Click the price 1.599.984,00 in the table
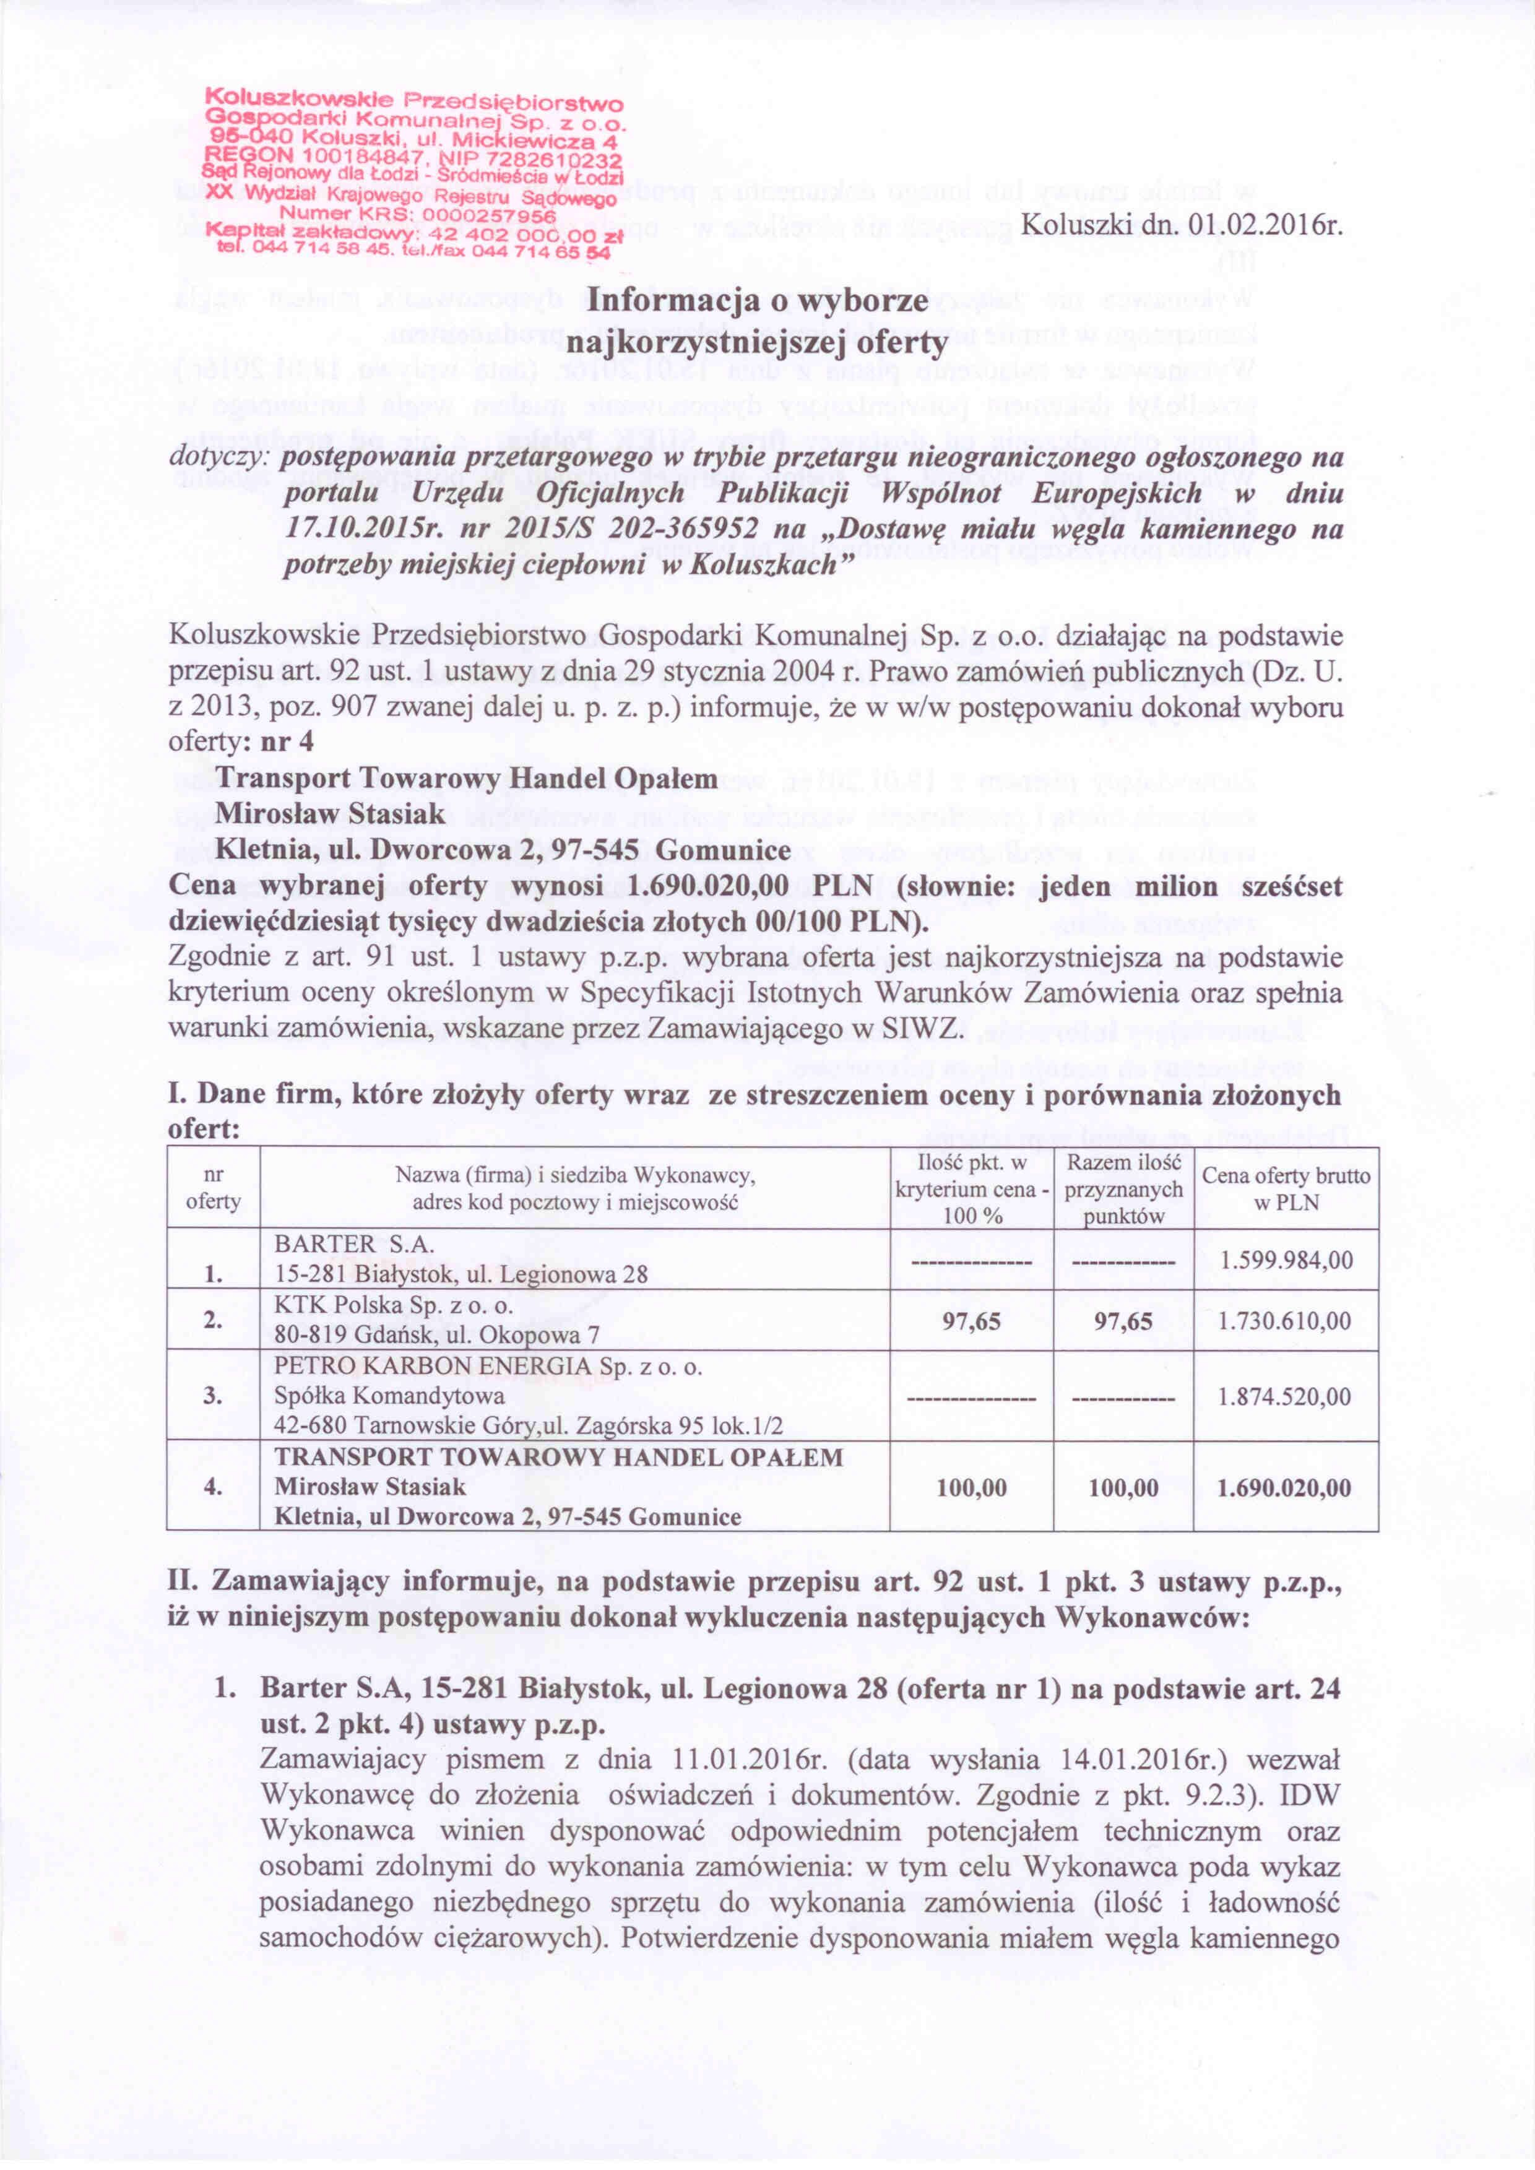pyautogui.click(x=1286, y=1260)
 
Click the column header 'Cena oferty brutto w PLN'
pyautogui.click(x=1286, y=1189)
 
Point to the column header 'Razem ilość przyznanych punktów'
pyautogui.click(x=1123, y=1189)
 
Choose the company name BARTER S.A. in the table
pyautogui.click(x=355, y=1245)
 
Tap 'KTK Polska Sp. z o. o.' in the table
pyautogui.click(x=394, y=1305)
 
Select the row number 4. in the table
pyautogui.click(x=213, y=1488)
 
